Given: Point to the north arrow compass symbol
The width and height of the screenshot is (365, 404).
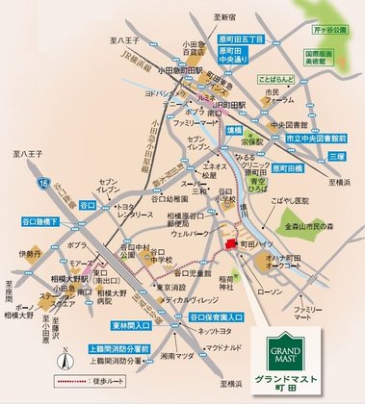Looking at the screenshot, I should pyautogui.click(x=61, y=362).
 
